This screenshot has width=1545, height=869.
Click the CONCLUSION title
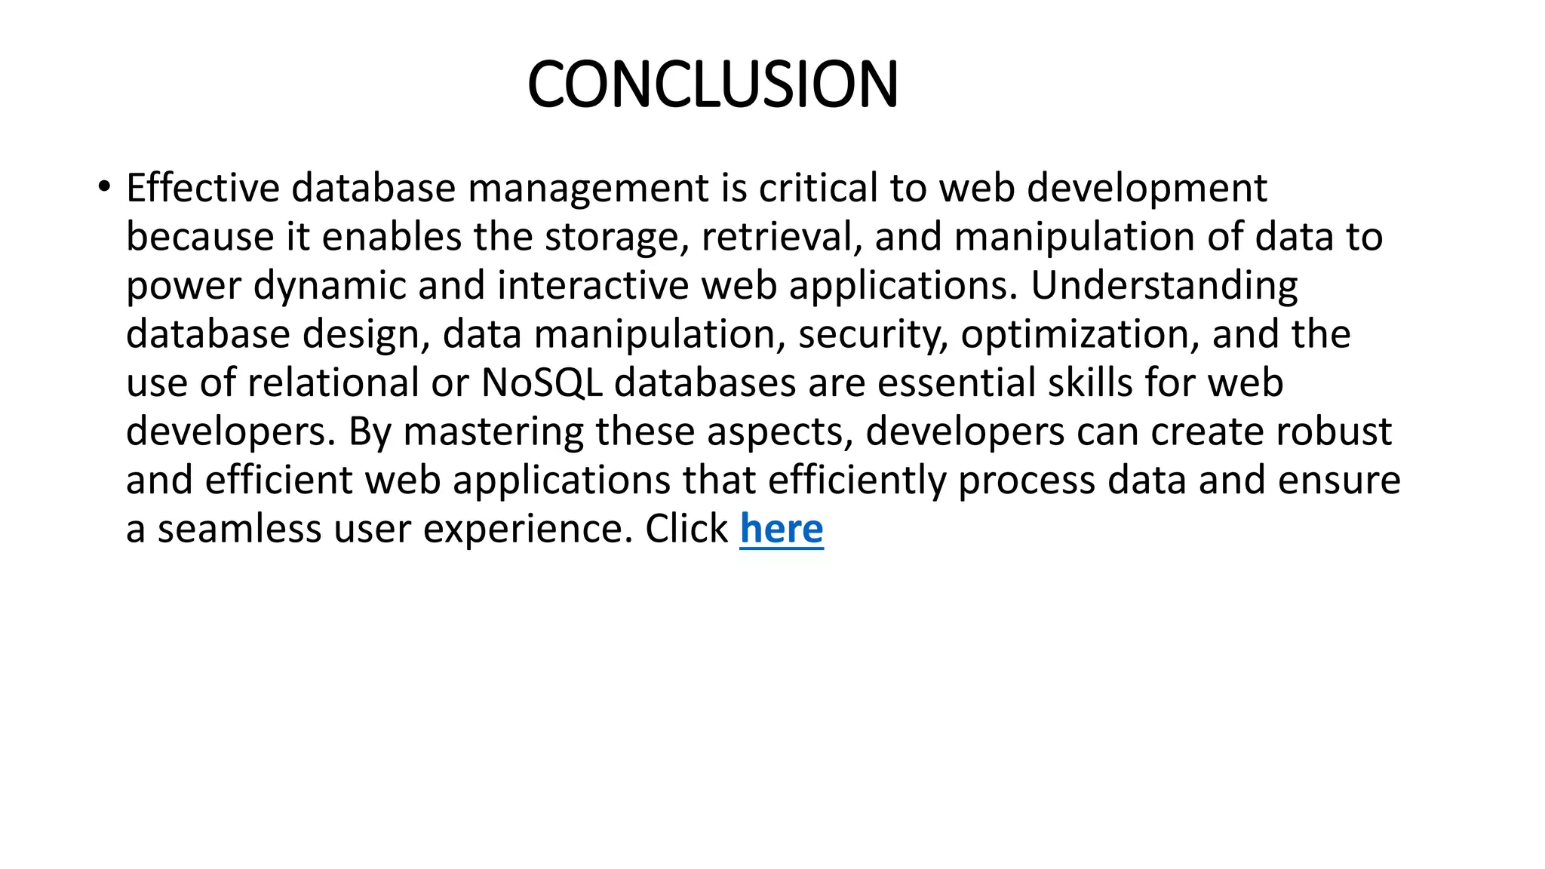[x=712, y=84]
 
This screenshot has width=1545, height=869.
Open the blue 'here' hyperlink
[x=781, y=528]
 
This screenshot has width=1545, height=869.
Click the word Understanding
[x=1164, y=286]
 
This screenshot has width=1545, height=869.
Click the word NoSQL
[x=541, y=382]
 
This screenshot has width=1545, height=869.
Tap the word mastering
[x=493, y=431]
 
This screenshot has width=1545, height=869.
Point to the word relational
[x=333, y=382]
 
